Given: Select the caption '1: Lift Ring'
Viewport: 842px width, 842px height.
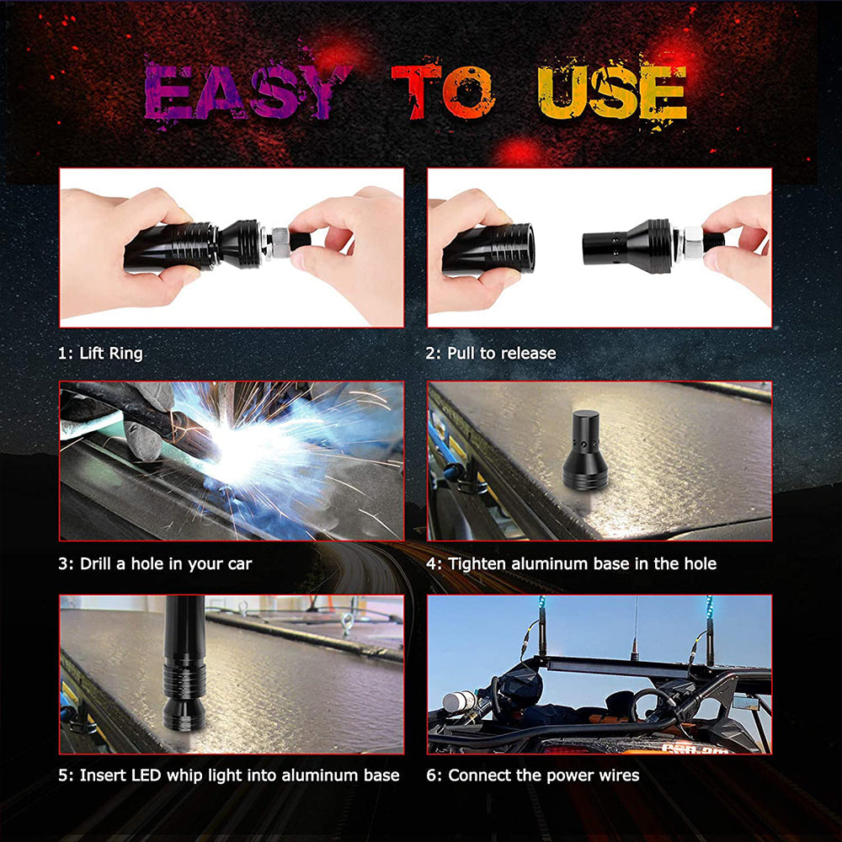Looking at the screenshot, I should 100,353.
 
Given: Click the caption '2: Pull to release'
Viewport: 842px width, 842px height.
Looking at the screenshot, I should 490,353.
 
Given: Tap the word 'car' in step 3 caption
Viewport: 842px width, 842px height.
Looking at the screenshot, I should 237,563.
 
